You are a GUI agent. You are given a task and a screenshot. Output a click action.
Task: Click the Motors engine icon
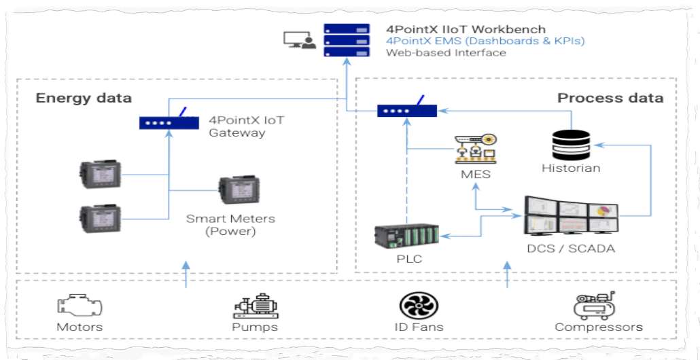79,306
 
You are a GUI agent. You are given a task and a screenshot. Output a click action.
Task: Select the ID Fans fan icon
419,305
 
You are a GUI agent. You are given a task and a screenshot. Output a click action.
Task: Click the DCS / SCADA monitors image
571,217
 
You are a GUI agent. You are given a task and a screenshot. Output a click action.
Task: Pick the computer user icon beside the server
300,41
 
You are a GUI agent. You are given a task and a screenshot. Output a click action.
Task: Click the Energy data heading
84,98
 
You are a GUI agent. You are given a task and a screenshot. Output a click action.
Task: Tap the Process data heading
610,98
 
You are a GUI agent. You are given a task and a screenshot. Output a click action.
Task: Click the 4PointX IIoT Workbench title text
466,29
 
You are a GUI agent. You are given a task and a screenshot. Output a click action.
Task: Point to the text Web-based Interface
446,53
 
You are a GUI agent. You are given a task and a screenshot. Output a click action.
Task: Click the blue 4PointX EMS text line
485,41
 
